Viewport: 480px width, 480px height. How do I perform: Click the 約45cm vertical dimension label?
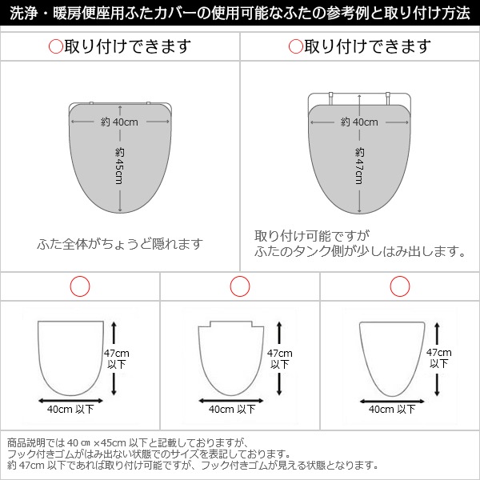[x=120, y=166]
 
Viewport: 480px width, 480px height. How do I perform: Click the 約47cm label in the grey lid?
[x=359, y=166]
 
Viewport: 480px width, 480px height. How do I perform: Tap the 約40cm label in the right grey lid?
[x=359, y=122]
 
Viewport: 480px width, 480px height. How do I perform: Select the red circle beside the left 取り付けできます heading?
[x=56, y=46]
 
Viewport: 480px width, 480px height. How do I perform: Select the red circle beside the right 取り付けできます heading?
[x=295, y=46]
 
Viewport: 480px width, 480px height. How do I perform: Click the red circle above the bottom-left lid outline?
[x=80, y=286]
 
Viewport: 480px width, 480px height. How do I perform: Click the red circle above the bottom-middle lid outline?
[x=240, y=286]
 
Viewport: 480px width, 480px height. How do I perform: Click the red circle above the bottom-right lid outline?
[x=400, y=286]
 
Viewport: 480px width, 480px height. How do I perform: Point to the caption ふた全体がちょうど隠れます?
[x=120, y=244]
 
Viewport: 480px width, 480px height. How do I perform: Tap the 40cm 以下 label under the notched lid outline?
[x=232, y=409]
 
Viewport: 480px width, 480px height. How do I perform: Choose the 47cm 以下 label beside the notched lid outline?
[x=279, y=358]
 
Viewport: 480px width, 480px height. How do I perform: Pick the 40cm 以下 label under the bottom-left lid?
[x=70, y=409]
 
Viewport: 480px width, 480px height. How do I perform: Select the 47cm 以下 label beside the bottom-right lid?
[x=439, y=358]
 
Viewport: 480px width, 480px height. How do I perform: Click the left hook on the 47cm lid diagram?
[x=331, y=98]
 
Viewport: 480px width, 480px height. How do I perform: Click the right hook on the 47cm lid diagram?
[x=388, y=98]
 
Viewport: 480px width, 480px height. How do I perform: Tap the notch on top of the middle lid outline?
[x=231, y=324]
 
